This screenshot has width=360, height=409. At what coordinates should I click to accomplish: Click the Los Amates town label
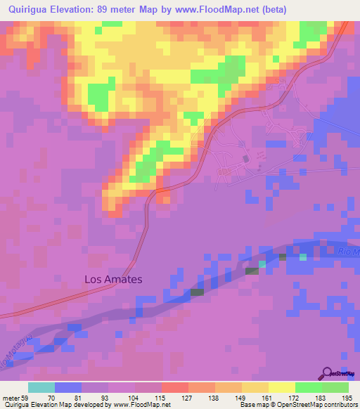(113, 279)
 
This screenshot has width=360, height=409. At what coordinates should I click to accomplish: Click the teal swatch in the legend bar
(41, 387)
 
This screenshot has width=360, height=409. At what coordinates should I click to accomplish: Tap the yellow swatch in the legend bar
(282, 387)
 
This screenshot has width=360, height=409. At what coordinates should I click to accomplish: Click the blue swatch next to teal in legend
(68, 387)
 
